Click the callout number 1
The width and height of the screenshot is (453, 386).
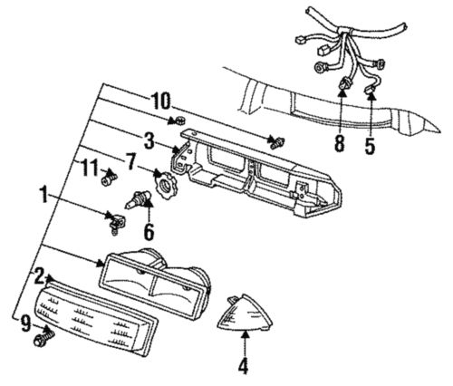[43, 194]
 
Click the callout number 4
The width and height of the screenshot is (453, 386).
[243, 367]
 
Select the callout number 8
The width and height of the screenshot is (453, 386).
[340, 143]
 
